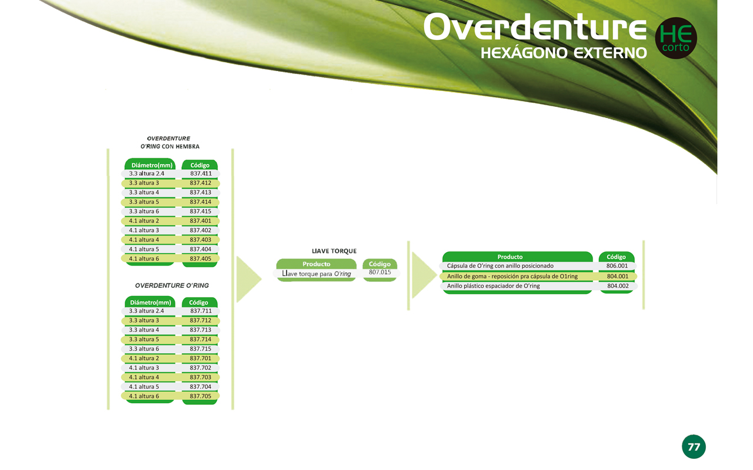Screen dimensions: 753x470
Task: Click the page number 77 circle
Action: [694, 447]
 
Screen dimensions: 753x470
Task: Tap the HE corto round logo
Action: [676, 38]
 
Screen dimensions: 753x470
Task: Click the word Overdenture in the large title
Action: [535, 27]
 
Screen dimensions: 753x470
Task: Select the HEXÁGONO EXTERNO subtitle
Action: [564, 53]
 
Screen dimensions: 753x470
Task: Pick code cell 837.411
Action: [201, 173]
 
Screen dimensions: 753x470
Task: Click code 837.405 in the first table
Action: [201, 258]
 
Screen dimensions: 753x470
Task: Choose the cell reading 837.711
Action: [201, 311]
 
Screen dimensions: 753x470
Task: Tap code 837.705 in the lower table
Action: [201, 396]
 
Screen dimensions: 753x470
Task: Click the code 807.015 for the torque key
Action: [380, 272]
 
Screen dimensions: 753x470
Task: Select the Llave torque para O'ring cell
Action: [316, 274]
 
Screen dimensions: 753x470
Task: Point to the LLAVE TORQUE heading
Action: [334, 251]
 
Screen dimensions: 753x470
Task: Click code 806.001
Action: [617, 266]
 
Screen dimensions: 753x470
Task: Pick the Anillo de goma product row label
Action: [512, 276]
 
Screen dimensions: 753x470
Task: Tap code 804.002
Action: [618, 286]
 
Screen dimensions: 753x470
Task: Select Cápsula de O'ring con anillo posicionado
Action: [500, 266]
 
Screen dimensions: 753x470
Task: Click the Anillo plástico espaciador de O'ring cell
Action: [493, 286]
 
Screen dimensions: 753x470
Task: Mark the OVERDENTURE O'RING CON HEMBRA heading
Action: [169, 142]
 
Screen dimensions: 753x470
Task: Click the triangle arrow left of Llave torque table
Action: [249, 279]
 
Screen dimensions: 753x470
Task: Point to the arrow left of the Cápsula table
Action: [424, 275]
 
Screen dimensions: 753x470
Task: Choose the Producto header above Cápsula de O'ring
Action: [510, 257]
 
